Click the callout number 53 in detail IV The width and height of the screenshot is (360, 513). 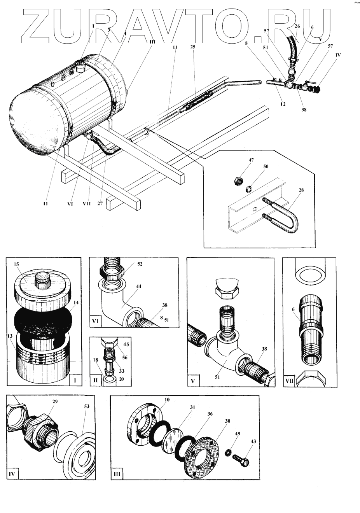pos(86,406)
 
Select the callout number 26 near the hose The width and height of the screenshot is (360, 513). pos(297,27)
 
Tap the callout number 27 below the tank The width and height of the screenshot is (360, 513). pos(100,203)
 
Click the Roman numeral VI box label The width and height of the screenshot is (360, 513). pos(95,321)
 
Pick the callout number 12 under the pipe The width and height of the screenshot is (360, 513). pos(283,104)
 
